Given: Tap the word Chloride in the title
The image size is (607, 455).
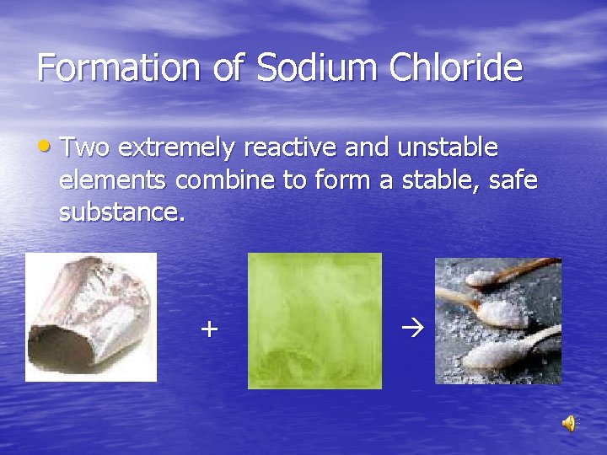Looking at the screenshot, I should pyautogui.click(x=455, y=68).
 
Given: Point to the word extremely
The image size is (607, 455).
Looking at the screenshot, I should pyautogui.click(x=177, y=149).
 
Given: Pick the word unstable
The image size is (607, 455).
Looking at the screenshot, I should pyautogui.click(x=446, y=148).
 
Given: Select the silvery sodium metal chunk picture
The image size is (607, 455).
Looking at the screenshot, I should pyautogui.click(x=91, y=317).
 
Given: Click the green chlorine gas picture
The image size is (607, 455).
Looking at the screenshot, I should pyautogui.click(x=314, y=321).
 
